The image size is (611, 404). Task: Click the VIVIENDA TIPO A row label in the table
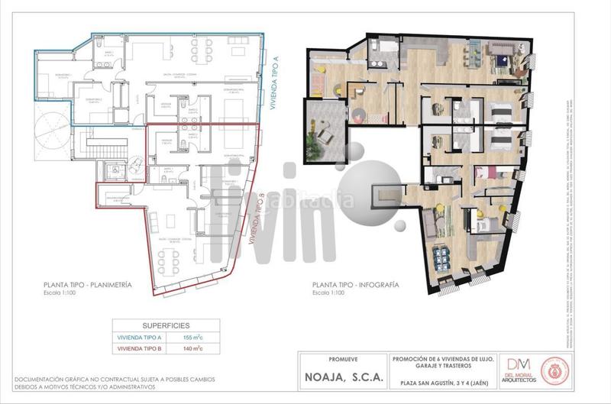coord(140,337)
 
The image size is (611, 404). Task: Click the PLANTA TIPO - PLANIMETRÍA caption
coord(88,285)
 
